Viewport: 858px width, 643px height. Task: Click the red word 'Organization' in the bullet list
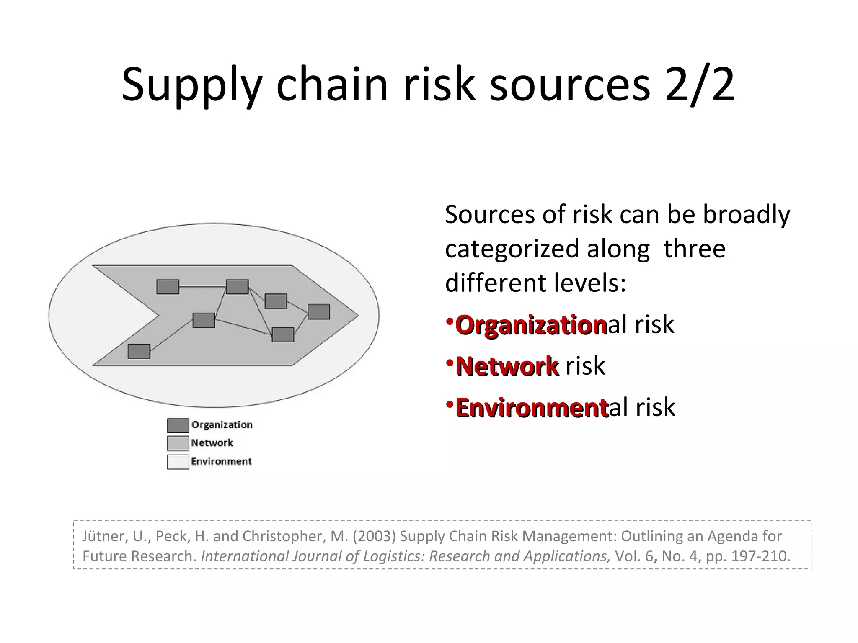[531, 325]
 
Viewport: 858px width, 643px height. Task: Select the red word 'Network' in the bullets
[507, 366]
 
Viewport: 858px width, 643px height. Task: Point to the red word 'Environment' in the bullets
[532, 408]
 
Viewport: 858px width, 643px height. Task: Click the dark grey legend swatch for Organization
[178, 425]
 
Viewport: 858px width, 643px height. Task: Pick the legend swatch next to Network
[178, 443]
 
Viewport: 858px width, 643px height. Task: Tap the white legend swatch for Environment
[178, 462]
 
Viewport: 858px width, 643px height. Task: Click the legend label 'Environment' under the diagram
[221, 461]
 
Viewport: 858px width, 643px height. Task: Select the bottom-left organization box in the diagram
[139, 351]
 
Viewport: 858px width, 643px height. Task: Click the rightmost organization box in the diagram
[319, 312]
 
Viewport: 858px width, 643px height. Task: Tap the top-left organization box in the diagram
[168, 287]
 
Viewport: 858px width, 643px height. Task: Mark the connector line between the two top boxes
[202, 287]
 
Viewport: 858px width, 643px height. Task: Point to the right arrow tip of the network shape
[357, 315]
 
